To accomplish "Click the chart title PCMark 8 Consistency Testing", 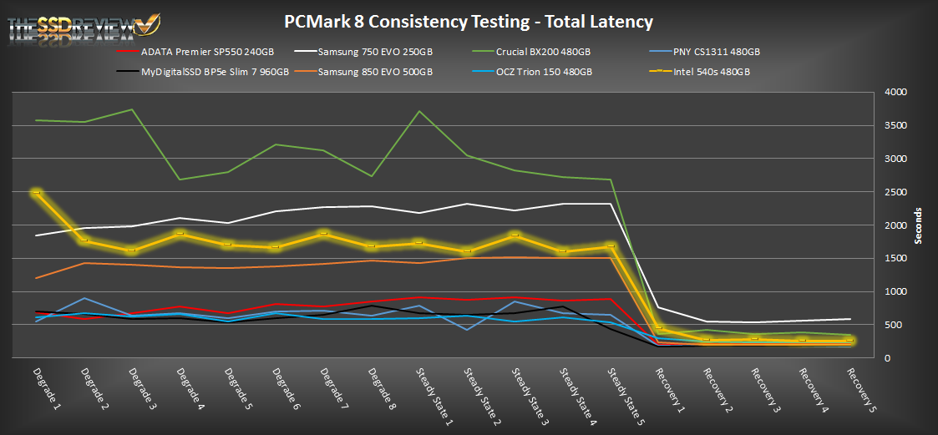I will pos(468,21).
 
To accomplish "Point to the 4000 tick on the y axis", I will pos(897,93).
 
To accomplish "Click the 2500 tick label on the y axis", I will pos(897,192).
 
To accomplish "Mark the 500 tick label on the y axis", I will pos(900,325).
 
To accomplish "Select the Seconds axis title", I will pos(918,225).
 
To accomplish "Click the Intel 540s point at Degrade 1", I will pos(36,193).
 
